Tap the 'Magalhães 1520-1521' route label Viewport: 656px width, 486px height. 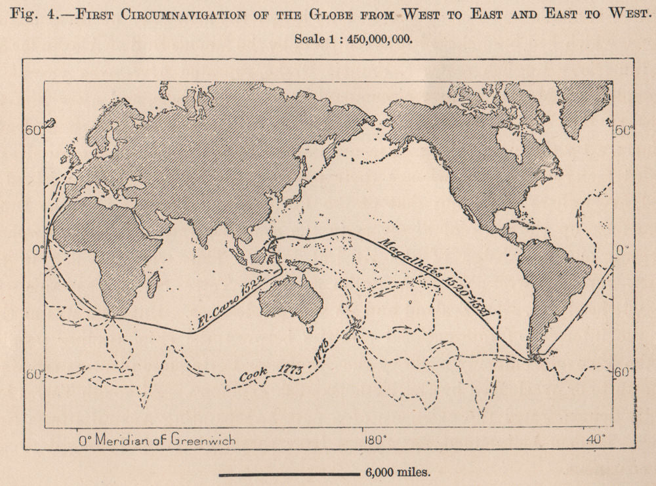[434, 275]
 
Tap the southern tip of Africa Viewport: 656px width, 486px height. [112, 317]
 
